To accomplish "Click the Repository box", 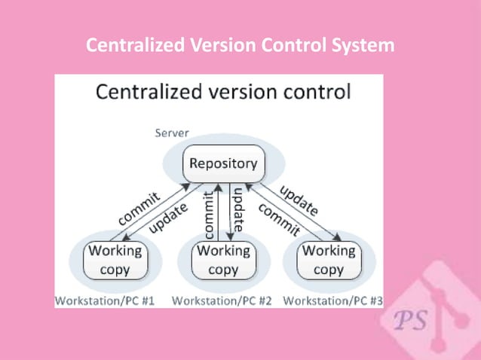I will (x=222, y=163).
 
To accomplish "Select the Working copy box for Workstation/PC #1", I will (x=115, y=260).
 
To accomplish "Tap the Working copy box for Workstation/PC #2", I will (x=223, y=260).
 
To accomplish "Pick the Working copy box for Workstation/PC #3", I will (x=329, y=260).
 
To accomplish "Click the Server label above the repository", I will (x=172, y=133).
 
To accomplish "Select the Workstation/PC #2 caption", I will (x=222, y=301).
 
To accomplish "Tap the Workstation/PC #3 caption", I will (x=332, y=301).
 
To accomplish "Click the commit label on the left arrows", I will (x=138, y=207).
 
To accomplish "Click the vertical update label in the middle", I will (x=237, y=209).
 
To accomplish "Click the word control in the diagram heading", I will (x=315, y=93).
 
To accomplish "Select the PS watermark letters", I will (x=410, y=319).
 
